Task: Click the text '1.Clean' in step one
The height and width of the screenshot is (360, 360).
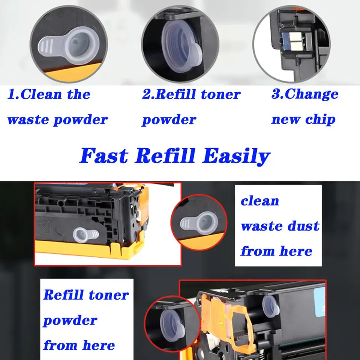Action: (34, 94)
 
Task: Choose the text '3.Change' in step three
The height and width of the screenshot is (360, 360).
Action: (305, 94)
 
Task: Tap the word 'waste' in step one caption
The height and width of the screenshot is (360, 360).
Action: (28, 120)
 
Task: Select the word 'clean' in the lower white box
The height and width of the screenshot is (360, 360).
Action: (260, 201)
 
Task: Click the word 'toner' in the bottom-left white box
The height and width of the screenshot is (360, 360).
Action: (109, 295)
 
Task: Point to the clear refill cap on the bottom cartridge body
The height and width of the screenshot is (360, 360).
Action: (271, 306)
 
